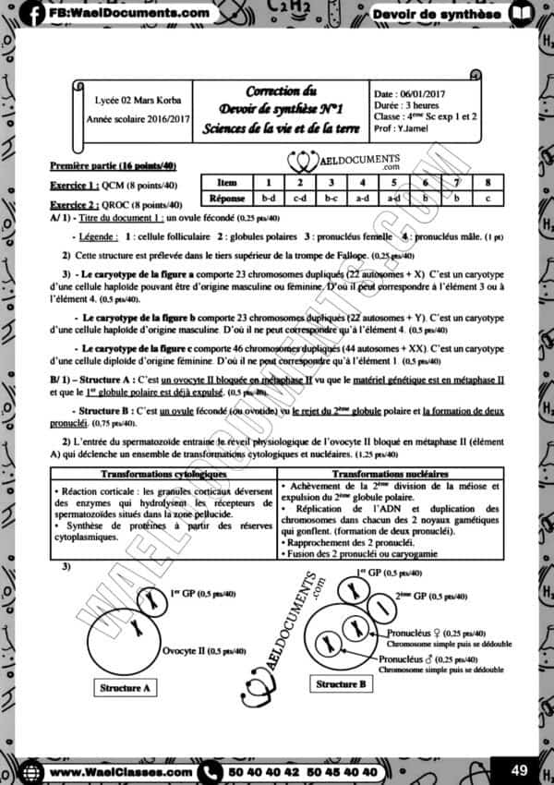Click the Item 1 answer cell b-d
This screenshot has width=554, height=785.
point(269,198)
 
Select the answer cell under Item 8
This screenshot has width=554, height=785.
point(488,198)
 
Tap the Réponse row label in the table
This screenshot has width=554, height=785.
point(225,198)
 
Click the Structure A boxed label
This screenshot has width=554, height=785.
point(124,688)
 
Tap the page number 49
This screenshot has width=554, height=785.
point(518,768)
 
